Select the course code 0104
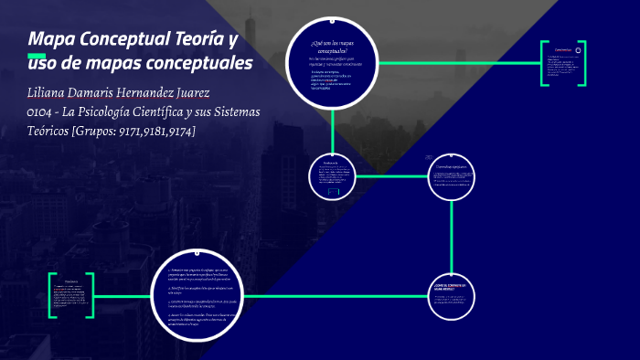coord(44,112)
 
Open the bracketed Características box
coord(563,63)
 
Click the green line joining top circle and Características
coord(457,63)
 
